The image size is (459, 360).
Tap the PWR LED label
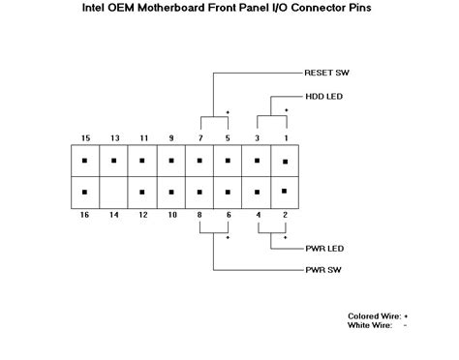[x=321, y=249]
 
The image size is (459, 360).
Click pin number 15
[x=85, y=137]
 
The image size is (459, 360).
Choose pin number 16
[x=85, y=214]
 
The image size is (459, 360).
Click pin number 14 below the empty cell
[x=114, y=214]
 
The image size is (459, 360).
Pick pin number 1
[x=286, y=137]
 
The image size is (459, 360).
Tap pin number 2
[x=286, y=214]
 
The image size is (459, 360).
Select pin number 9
[x=171, y=137]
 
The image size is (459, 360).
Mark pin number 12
[x=142, y=214]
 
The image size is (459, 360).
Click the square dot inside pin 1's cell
[x=285, y=161]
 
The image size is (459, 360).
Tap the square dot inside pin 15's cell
[x=85, y=161]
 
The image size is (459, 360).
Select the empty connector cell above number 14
[x=114, y=191]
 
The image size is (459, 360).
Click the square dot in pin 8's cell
[x=199, y=191]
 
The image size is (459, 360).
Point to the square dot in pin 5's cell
[x=229, y=161]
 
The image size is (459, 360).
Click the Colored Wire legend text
[x=376, y=315]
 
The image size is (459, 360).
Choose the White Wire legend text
[x=371, y=325]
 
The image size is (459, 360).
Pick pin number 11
[x=142, y=137]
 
